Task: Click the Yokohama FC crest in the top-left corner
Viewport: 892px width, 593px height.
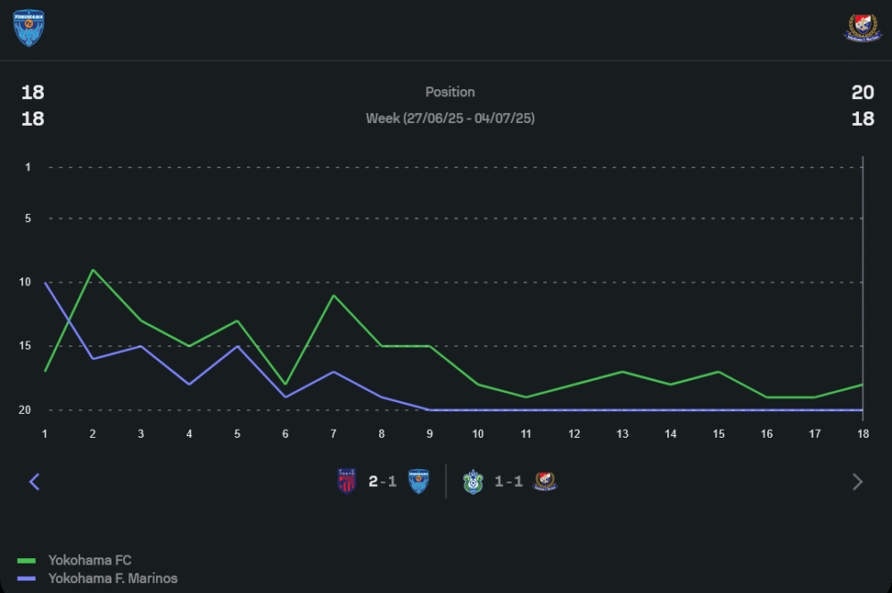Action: click(x=29, y=28)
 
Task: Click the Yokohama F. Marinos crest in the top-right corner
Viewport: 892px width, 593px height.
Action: click(x=862, y=28)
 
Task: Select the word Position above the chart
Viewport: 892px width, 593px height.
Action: click(x=450, y=92)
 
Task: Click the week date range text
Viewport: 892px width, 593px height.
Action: click(x=450, y=118)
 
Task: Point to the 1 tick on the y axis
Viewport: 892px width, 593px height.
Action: click(x=28, y=167)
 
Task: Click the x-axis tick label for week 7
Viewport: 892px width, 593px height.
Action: click(x=334, y=433)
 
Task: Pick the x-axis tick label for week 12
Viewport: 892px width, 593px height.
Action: click(x=574, y=433)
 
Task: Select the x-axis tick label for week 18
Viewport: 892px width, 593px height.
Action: click(x=863, y=433)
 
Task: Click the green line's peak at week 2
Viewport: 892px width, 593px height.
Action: click(x=93, y=269)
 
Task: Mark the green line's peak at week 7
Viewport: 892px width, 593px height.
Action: click(x=334, y=295)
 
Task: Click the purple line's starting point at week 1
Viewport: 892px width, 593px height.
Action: click(x=45, y=283)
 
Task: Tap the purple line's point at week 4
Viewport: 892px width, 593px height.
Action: click(x=189, y=384)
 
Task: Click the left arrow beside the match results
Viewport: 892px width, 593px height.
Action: click(x=35, y=482)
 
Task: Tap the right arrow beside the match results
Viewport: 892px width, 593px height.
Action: click(x=857, y=482)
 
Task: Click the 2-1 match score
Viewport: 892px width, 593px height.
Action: click(x=383, y=482)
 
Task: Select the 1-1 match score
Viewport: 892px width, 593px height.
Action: click(x=508, y=482)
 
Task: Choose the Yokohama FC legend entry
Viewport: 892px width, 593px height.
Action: click(x=89, y=560)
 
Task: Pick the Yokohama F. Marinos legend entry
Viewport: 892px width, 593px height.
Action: click(x=112, y=579)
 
